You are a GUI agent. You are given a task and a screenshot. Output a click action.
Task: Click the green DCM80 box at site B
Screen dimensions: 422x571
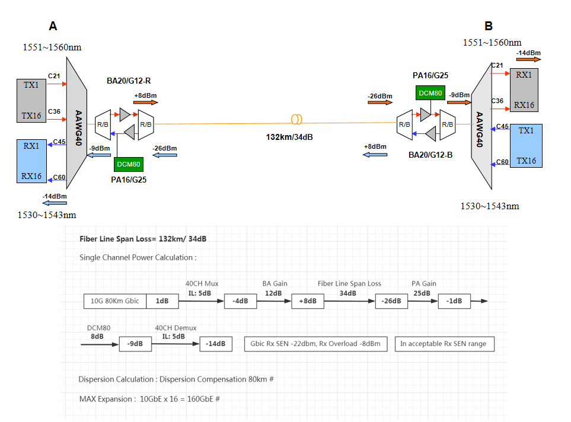click(429, 93)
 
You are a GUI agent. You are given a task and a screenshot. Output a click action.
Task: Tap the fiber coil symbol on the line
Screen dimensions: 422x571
click(297, 119)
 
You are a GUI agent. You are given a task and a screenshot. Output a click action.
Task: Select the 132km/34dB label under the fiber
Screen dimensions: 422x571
click(289, 137)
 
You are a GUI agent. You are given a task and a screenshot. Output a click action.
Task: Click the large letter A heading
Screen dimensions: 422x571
click(53, 26)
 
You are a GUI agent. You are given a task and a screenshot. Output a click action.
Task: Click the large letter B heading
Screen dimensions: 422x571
click(489, 26)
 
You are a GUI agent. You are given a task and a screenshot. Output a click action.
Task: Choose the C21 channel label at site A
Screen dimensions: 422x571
click(54, 76)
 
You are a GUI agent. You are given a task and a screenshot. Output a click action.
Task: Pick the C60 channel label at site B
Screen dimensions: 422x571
click(502, 162)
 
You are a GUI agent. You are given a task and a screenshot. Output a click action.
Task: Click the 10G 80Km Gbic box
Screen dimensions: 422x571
click(115, 301)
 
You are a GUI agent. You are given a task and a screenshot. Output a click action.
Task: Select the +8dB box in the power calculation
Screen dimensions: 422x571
click(308, 301)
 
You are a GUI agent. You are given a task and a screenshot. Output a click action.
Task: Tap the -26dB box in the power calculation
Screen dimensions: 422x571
click(391, 301)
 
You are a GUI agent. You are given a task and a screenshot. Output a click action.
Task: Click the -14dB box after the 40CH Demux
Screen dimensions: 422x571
click(216, 344)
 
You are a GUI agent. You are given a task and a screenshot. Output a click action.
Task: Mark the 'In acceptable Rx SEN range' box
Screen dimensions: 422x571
click(444, 344)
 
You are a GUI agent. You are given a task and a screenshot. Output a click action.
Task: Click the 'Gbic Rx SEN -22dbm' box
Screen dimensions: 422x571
click(315, 344)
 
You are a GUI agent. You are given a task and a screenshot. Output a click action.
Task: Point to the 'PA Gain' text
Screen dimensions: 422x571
click(424, 283)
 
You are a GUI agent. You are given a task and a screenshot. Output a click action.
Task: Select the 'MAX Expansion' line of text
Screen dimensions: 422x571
click(149, 399)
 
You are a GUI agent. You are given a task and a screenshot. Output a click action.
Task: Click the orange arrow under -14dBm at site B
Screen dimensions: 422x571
click(528, 59)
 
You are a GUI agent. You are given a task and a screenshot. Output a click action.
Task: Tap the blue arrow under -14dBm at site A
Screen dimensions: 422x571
click(54, 203)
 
